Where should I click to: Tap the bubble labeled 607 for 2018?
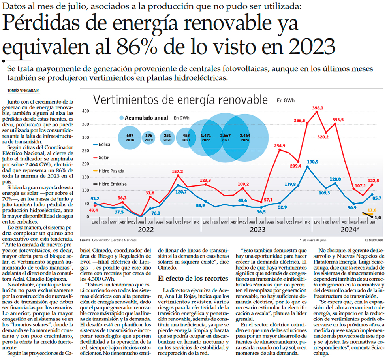click(x=130, y=138)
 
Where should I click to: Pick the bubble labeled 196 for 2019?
click(x=149, y=138)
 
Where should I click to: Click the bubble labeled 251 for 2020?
click(x=167, y=138)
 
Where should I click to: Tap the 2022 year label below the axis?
click(x=145, y=229)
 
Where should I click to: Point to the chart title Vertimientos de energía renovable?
click(x=180, y=99)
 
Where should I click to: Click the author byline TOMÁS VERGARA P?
click(x=24, y=91)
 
